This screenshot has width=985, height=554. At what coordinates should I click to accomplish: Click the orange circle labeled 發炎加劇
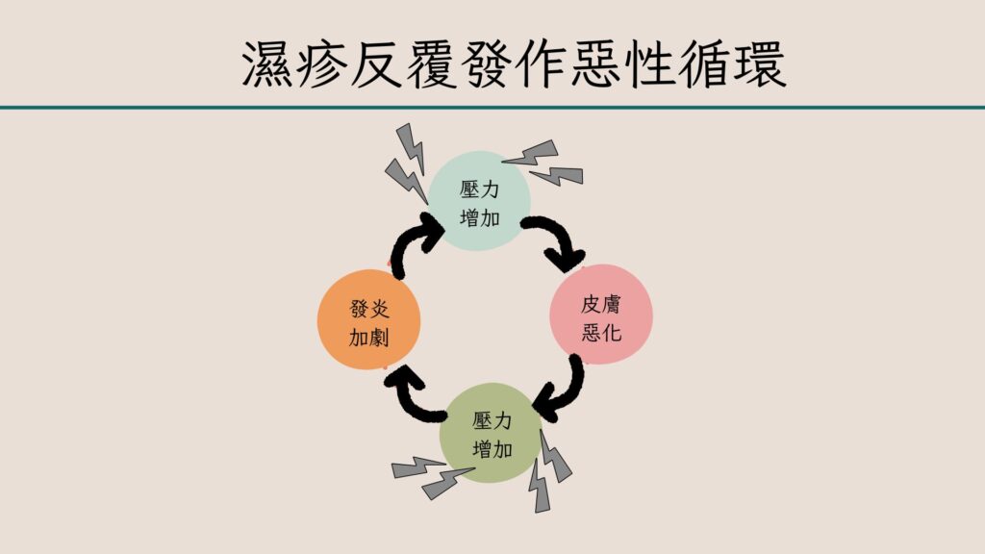[369, 321]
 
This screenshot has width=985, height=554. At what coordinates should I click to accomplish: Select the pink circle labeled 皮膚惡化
[600, 315]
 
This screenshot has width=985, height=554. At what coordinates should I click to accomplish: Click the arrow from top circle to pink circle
[556, 241]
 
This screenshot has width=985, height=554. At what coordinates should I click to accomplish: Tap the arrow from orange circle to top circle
[416, 245]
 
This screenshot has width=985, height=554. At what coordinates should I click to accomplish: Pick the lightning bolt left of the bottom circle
[431, 476]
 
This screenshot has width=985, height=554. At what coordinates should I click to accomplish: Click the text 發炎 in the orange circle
[369, 308]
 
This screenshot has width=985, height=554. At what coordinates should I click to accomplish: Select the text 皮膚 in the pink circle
[600, 303]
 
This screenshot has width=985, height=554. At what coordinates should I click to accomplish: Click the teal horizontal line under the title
[492, 107]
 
